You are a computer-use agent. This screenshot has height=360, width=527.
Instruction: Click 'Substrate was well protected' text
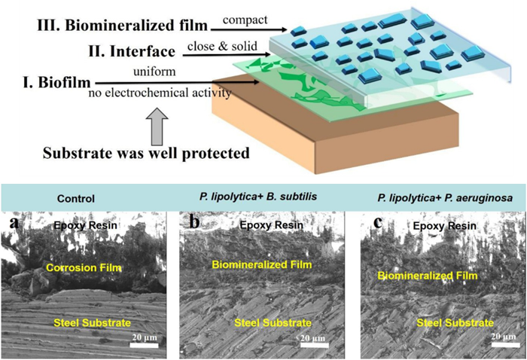(x=146, y=154)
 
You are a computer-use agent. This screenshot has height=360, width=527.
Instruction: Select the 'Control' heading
(x=75, y=200)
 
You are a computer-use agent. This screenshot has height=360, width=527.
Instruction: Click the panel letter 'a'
(x=13, y=224)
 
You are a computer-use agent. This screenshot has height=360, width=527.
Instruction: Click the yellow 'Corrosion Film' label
(x=84, y=267)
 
